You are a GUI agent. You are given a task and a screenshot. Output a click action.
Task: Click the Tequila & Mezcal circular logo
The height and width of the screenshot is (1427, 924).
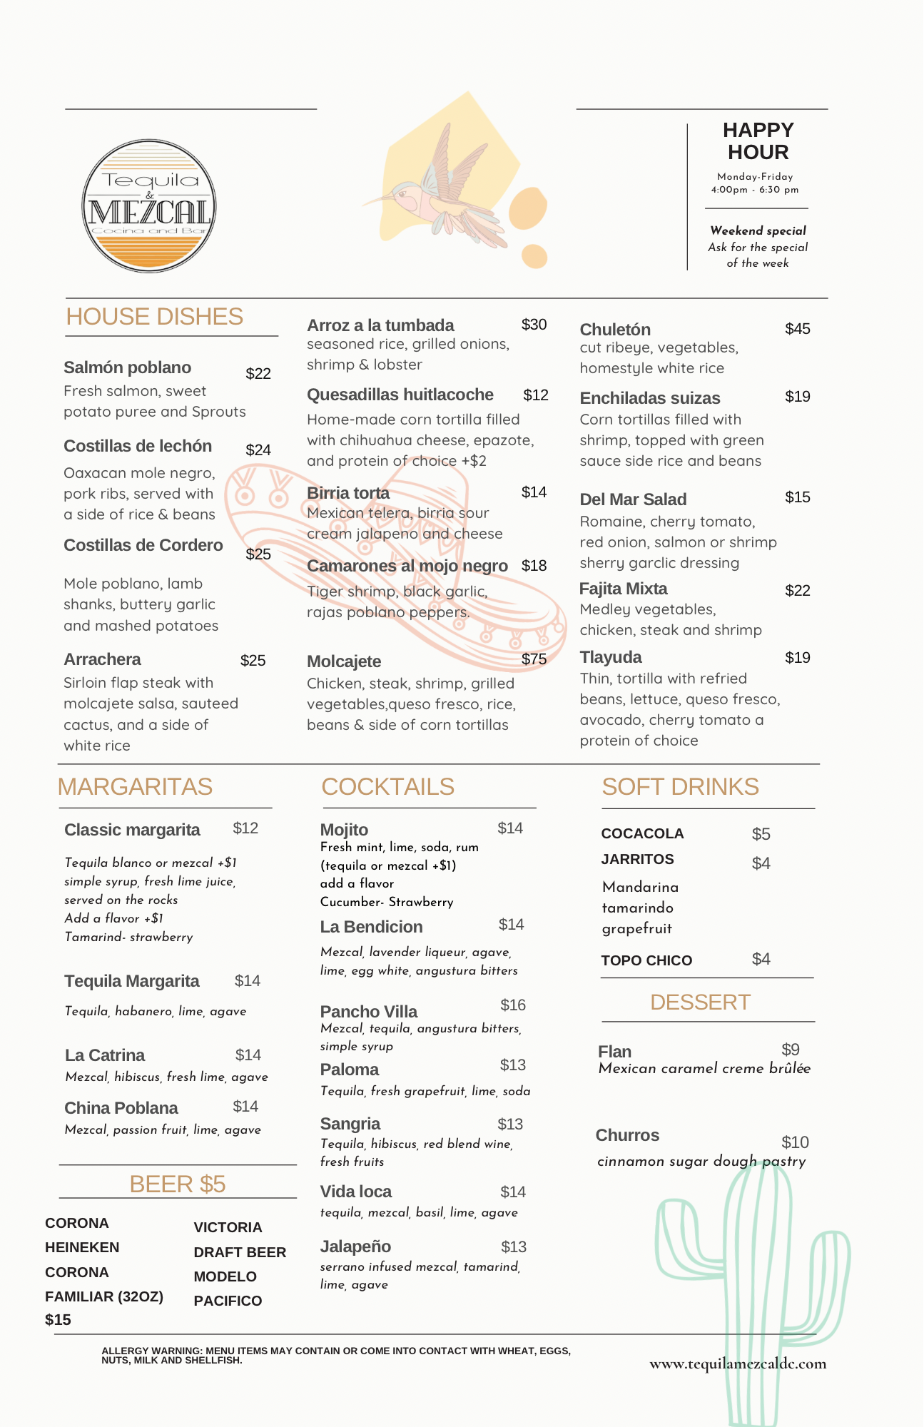pyautogui.click(x=149, y=205)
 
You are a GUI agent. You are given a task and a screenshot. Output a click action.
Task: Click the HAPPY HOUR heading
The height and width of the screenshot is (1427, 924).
pyautogui.click(x=758, y=141)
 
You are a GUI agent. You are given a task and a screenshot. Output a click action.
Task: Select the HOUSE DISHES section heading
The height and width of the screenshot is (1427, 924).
pyautogui.click(x=154, y=317)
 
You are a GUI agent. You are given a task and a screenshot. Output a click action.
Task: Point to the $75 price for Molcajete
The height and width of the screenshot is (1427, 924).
pyautogui.click(x=534, y=659)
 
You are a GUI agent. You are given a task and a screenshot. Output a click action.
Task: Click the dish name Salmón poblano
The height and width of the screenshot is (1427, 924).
pyautogui.click(x=127, y=367)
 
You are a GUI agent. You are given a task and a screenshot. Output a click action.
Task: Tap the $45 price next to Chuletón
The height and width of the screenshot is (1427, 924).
pyautogui.click(x=797, y=329)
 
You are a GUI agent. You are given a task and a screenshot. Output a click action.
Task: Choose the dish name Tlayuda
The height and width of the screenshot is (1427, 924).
pyautogui.click(x=610, y=657)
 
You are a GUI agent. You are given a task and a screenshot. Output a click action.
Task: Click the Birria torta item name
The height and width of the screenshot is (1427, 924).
pyautogui.click(x=348, y=493)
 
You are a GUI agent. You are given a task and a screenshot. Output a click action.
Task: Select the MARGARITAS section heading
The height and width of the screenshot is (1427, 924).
pyautogui.click(x=135, y=786)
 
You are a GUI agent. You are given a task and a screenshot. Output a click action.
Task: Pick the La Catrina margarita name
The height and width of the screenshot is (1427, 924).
pyautogui.click(x=104, y=1055)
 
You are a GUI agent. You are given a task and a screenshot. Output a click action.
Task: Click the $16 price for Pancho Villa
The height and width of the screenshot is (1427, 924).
pyautogui.click(x=512, y=1005)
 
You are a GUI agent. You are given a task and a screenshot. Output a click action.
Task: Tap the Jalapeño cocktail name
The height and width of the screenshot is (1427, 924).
pyautogui.click(x=355, y=1246)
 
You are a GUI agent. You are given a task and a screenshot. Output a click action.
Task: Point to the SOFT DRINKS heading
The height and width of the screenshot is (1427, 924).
pyautogui.click(x=680, y=786)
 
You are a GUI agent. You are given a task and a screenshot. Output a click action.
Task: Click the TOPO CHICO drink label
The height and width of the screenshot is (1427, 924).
pyautogui.click(x=646, y=960)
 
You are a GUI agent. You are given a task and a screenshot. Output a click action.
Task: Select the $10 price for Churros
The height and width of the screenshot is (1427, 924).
pyautogui.click(x=795, y=1142)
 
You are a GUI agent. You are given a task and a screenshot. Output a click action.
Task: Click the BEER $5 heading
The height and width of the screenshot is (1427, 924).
pyautogui.click(x=177, y=1184)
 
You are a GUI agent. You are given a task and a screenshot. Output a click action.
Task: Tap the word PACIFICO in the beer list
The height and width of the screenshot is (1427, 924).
pyautogui.click(x=228, y=1301)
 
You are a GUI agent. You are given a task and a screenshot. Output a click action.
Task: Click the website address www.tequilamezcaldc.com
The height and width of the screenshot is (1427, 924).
pyautogui.click(x=738, y=1364)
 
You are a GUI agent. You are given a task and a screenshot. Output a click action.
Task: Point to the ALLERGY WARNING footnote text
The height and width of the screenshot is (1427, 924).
pyautogui.click(x=335, y=1355)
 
